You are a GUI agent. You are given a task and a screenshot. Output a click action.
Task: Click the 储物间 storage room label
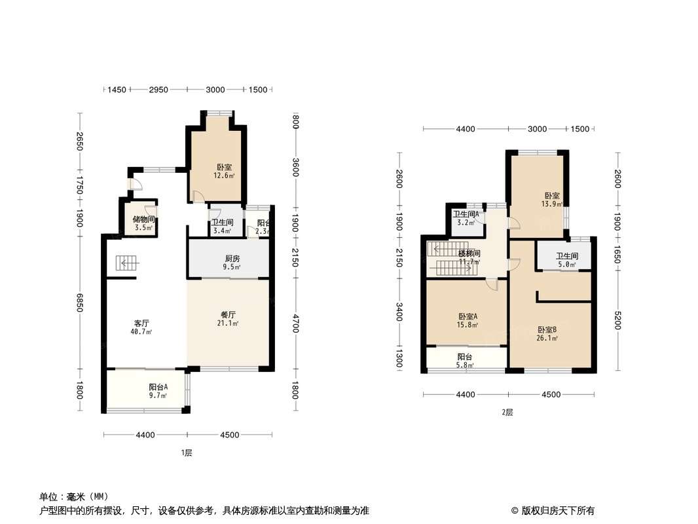pos(144,219)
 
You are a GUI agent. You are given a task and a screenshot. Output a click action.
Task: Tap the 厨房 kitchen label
pos(232,259)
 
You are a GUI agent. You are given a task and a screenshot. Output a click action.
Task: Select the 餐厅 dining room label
pos(228,315)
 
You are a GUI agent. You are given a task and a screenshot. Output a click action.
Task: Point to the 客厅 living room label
pos(141,323)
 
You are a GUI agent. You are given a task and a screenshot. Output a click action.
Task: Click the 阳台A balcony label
pos(158,387)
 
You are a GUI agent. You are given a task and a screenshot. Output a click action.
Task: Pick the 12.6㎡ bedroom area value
pos(224,176)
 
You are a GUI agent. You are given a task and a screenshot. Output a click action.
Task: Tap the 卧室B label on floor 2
pos(547,330)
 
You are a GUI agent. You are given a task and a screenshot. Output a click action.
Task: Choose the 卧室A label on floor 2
pos(468,316)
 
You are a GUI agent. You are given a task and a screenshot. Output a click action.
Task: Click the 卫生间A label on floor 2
pos(466,214)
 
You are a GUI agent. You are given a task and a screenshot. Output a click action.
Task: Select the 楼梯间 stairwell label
pos(469,253)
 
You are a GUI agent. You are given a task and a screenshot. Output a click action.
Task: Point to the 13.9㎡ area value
pos(552,204)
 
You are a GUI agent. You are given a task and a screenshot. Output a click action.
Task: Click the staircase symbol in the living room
pos(128,263)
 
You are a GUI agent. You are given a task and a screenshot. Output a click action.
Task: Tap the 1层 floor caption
pos(187,453)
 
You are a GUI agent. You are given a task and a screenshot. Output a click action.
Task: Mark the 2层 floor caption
pos(507,412)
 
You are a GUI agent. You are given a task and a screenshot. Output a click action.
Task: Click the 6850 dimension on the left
pos(79,303)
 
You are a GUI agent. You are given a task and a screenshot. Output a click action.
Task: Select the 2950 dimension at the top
pos(158,90)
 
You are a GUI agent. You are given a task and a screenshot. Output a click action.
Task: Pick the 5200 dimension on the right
pos(617,320)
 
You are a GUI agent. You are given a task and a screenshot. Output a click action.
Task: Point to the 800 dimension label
pos(295,121)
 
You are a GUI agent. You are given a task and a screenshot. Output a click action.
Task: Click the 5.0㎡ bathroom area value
pos(566,265)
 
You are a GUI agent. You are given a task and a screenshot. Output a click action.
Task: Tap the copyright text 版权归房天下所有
pos(558,511)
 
